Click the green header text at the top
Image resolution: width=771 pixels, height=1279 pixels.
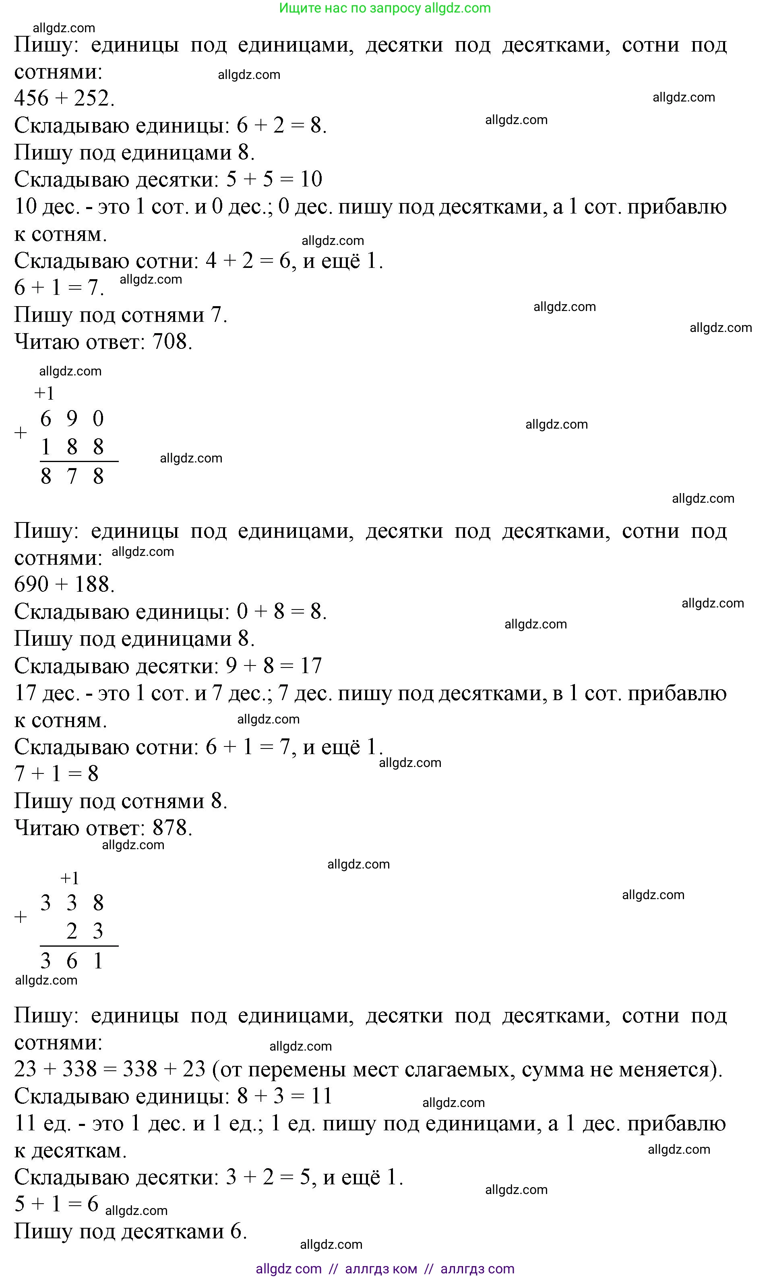[384, 8]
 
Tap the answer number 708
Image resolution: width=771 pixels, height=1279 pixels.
[172, 342]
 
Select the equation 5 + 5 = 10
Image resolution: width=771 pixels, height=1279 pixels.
[274, 179]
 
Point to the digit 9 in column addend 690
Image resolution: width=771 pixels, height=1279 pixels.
[72, 419]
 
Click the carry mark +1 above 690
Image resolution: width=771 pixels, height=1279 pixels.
[44, 394]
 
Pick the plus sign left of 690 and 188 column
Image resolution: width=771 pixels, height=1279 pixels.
[20, 432]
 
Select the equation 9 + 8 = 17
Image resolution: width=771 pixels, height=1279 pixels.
[274, 665]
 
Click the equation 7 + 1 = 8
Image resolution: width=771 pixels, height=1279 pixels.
[56, 774]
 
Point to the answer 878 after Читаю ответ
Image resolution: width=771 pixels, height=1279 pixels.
[172, 828]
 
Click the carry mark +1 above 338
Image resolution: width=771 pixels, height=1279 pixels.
[70, 878]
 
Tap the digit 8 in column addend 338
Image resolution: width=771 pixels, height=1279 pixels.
[98, 903]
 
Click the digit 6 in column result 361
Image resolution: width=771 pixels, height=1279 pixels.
[72, 961]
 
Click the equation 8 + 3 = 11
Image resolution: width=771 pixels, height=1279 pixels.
[284, 1096]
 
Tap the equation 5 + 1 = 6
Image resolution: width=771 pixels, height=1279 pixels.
[56, 1203]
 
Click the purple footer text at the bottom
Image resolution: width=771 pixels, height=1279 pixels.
[384, 1269]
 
